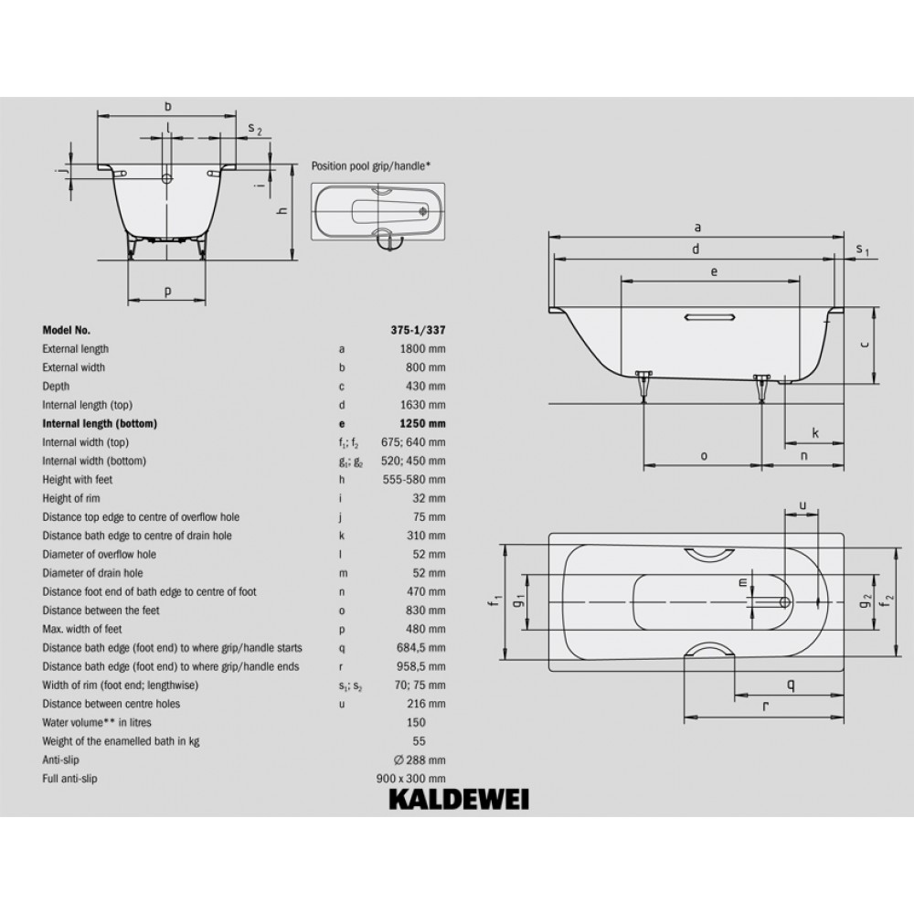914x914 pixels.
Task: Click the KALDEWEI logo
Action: point(459,800)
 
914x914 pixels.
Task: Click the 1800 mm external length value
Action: point(422,349)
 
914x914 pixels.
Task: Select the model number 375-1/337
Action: point(418,330)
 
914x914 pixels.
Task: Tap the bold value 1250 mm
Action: point(422,424)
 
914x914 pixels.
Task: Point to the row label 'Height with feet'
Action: point(77,480)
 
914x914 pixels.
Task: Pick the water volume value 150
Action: point(416,723)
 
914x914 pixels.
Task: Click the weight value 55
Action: point(420,741)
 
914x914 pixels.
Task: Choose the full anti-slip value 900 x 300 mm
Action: point(411,779)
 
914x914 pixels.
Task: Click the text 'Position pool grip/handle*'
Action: point(371,166)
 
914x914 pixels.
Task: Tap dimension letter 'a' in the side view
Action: point(697,228)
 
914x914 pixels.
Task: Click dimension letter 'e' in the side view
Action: point(714,271)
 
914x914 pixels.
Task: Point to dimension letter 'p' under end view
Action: point(168,291)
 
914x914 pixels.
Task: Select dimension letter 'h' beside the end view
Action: point(282,210)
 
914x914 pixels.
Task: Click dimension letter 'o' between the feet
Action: point(704,456)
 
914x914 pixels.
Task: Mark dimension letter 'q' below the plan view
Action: point(791,685)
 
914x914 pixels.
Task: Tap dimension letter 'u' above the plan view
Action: point(802,505)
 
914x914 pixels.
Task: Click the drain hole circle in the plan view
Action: point(785,601)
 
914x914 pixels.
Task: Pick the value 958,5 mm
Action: point(420,667)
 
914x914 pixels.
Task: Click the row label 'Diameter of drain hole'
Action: point(92,573)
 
